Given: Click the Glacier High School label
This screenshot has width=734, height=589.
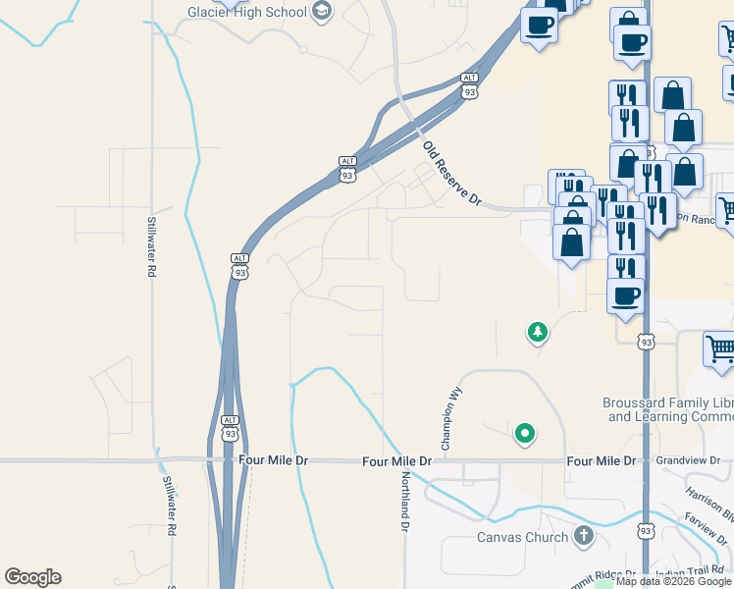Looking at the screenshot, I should (247, 12).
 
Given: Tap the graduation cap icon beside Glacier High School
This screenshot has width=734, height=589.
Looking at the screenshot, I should (322, 11).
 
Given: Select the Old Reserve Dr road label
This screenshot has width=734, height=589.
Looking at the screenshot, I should (452, 174).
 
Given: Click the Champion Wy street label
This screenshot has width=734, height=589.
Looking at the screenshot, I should (452, 419).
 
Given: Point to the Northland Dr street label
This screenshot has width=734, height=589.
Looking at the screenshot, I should (404, 501).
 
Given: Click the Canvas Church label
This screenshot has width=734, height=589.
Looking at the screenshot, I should (522, 537).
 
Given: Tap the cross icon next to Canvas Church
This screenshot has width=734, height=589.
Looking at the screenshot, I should (584, 536).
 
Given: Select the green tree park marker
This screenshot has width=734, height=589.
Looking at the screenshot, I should (537, 333).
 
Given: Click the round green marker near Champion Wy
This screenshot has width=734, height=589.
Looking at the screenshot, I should (525, 432).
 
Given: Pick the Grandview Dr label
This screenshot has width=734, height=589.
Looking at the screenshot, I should (687, 459).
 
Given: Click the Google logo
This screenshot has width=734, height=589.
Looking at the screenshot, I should (32, 577).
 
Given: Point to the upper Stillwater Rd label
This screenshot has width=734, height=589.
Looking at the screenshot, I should (152, 245).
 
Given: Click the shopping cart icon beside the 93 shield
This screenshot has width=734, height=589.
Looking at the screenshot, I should (719, 349).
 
